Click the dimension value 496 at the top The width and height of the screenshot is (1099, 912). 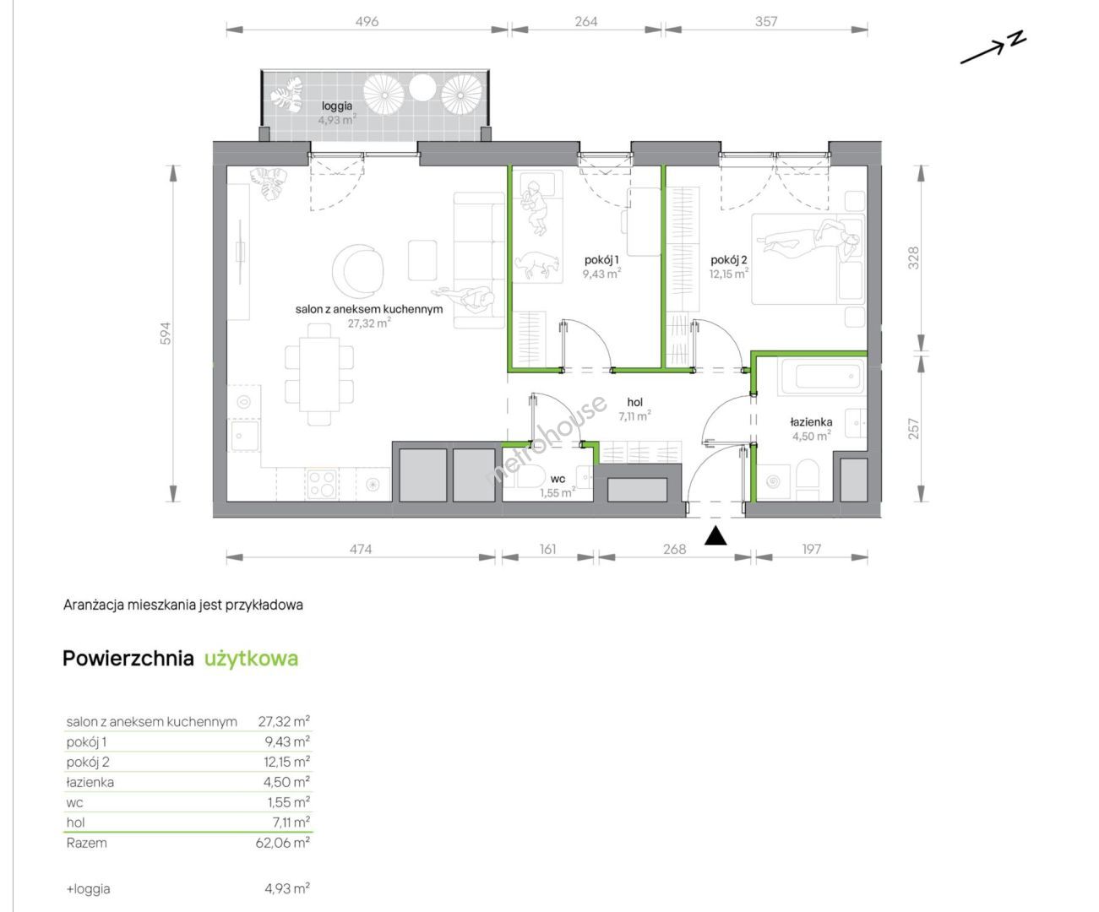(x=367, y=22)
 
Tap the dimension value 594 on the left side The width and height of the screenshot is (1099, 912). (x=166, y=334)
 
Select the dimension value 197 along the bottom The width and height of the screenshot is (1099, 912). (x=811, y=550)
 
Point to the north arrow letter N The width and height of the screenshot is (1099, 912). (x=1018, y=39)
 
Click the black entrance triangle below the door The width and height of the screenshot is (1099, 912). (x=715, y=536)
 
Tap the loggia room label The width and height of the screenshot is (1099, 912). (x=337, y=106)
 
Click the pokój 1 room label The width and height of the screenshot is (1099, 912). (x=601, y=259)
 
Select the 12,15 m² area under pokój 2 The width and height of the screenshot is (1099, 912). (x=728, y=274)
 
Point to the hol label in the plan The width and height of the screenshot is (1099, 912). (x=634, y=403)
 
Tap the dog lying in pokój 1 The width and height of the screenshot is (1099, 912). (x=537, y=263)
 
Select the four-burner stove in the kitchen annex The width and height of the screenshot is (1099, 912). (x=322, y=484)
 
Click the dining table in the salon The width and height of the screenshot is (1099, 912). (x=319, y=375)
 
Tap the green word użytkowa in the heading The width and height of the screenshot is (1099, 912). (x=251, y=659)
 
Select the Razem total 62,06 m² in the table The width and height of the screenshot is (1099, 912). (x=283, y=843)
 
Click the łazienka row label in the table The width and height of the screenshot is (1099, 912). (x=90, y=783)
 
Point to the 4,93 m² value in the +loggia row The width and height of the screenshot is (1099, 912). (x=287, y=889)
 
